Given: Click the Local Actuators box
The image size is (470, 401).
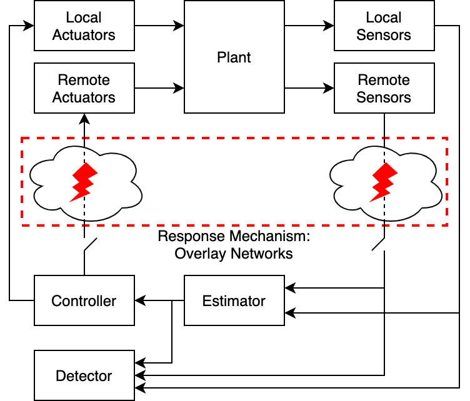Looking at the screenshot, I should [84, 26].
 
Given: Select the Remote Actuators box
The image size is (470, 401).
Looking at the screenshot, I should [84, 88].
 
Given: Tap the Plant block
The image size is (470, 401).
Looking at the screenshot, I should [234, 57].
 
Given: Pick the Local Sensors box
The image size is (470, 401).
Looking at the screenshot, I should [384, 26].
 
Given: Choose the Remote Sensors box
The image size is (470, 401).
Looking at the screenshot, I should [384, 88].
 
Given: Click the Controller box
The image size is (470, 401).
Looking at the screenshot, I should [84, 300].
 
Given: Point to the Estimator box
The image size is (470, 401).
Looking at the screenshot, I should [234, 300].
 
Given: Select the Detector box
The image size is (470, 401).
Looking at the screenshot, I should [84, 375].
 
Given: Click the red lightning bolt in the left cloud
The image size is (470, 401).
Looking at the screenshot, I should [83, 182].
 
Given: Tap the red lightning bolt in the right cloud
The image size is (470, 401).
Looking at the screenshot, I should [384, 182].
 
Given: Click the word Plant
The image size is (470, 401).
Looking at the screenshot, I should [234, 57].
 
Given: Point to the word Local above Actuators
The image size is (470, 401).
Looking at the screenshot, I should [84, 17].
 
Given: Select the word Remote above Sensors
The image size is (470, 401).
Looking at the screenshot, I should [384, 80].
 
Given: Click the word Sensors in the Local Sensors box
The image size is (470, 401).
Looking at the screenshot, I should [384, 35].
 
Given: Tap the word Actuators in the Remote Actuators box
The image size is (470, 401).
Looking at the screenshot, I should [84, 97].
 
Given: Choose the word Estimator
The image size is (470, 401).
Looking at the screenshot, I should [234, 301].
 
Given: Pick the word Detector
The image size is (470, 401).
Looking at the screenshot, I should [84, 376].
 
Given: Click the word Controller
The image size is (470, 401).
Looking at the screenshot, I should [84, 301].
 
